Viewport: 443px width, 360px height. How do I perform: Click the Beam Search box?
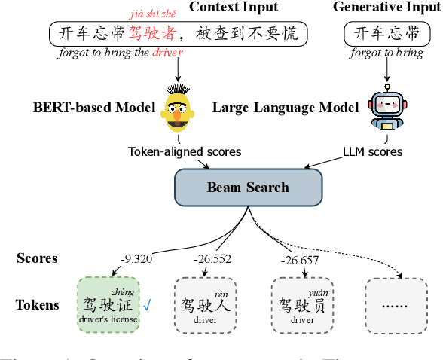[x=247, y=187]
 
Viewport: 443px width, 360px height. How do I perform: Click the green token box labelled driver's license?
[x=108, y=305]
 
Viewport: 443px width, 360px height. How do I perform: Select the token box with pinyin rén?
[x=205, y=305]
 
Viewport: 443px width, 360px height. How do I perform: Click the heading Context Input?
[x=233, y=8]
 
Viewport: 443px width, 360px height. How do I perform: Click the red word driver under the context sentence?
[x=167, y=53]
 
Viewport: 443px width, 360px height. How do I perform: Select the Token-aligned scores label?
[x=185, y=151]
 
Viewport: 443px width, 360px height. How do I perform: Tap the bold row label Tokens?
[x=38, y=305]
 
